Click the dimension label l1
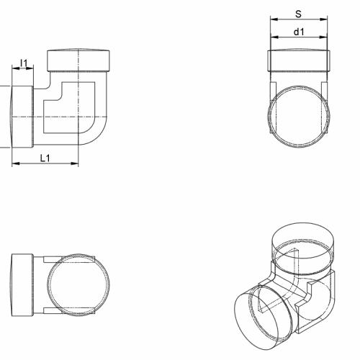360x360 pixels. pyautogui.click(x=24, y=63)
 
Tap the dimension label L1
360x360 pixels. pyautogui.click(x=45, y=158)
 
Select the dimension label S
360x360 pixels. pyautogui.click(x=298, y=14)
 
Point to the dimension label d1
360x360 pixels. pyautogui.click(x=299, y=32)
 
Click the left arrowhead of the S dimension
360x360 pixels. pyautogui.click(x=274, y=19)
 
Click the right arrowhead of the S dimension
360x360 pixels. pyautogui.click(x=324, y=19)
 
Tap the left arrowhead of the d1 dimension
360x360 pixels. pyautogui.click(x=274, y=37)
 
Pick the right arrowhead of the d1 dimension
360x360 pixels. pyautogui.click(x=323, y=37)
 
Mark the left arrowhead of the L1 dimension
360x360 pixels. pyautogui.click(x=16, y=163)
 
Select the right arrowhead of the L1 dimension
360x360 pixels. pyautogui.click(x=75, y=163)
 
